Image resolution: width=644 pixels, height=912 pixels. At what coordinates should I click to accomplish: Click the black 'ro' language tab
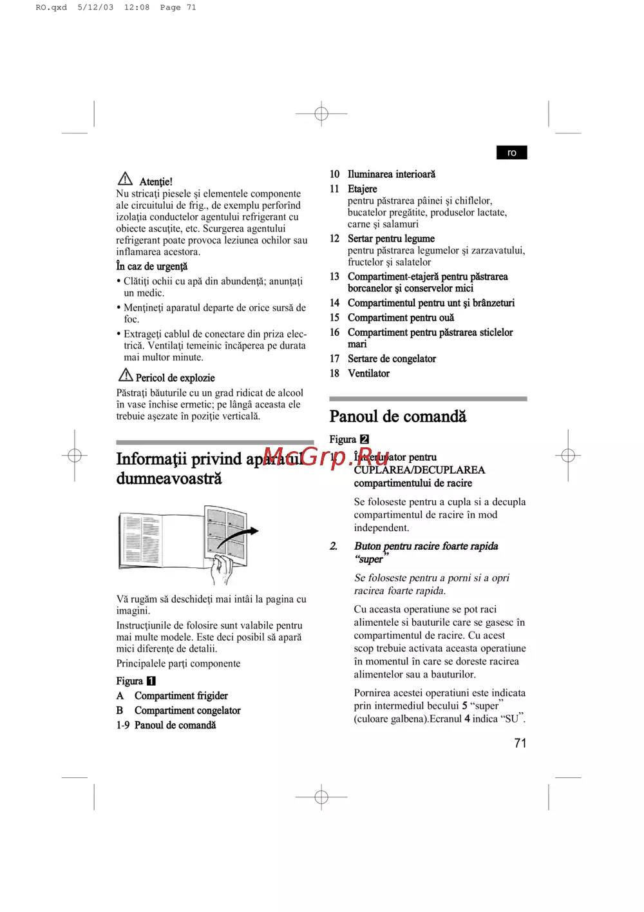pos(511,153)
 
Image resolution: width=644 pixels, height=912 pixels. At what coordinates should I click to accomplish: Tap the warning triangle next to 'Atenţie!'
pos(125,179)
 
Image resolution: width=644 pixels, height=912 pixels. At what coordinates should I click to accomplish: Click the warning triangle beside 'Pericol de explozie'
pos(126,374)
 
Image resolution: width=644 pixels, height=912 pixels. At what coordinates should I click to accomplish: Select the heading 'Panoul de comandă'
pos(397,416)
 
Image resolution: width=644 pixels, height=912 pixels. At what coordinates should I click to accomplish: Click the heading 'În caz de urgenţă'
pos(152,266)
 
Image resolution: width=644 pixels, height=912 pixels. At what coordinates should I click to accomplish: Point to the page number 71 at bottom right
pos(520,743)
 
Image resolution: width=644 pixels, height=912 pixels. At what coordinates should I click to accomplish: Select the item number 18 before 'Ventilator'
pos(334,373)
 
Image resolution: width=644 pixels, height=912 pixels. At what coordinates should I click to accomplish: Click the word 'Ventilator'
pos(368,373)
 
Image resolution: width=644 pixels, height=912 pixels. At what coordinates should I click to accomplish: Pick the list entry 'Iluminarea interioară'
pos(391,174)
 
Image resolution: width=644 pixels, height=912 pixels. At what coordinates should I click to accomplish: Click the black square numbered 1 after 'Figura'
pos(151,681)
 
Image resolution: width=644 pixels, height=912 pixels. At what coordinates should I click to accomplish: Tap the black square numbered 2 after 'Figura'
pos(365,439)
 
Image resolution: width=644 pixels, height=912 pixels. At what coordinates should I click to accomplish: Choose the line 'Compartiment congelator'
pos(187,710)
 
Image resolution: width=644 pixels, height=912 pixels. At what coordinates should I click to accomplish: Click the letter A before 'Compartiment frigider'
pos(120,695)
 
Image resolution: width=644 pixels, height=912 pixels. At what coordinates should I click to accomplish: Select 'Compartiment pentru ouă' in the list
pos(401,318)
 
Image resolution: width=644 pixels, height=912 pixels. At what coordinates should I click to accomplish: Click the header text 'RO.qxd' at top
pos(51,8)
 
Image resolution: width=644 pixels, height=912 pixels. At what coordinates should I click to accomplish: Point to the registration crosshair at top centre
pos(321,114)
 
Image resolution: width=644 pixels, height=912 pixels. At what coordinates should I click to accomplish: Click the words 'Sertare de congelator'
pos(392,358)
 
